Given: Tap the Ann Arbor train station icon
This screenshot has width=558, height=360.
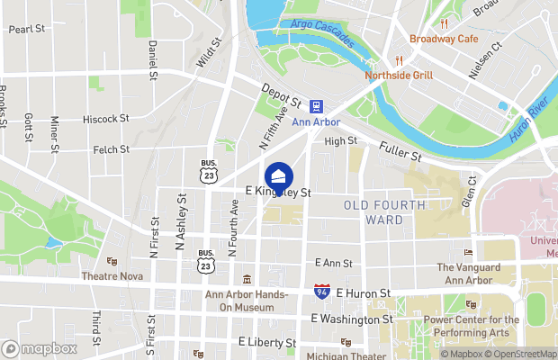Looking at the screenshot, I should pos(316,105).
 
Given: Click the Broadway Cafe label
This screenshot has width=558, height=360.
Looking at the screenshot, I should pos(444,39).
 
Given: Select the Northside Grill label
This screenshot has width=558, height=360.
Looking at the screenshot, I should pos(399,76).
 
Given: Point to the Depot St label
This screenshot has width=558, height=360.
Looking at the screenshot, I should pos(280,94).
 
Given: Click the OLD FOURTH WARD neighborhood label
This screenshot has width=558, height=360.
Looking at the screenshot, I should pos(386,212).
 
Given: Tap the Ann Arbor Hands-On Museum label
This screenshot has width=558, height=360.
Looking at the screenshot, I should pos(246,301).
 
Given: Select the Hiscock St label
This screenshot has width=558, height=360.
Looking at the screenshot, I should pos(105,118).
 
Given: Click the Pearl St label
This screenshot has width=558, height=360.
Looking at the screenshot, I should pos(27,29).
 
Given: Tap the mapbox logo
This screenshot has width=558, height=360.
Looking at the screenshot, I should pos(40,348).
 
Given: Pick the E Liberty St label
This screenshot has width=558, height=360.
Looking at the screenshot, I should pos(267,343).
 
